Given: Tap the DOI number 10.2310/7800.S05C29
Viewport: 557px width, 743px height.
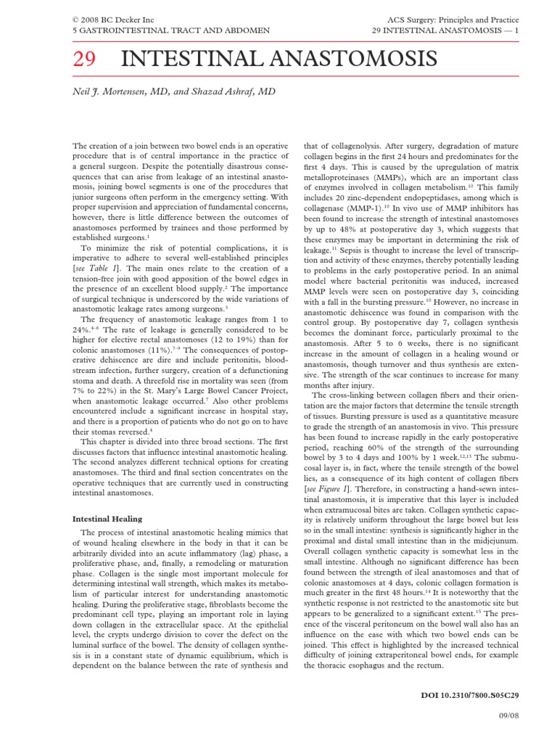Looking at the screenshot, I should pos(478,695).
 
